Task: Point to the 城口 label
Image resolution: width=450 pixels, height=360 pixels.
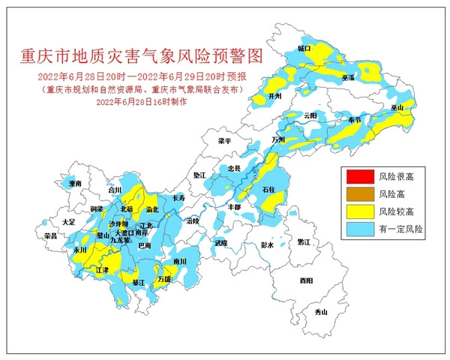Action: coord(304,48)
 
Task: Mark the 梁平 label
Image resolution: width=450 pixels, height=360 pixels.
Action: coord(225,140)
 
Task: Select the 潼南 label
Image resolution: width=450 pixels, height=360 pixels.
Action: coord(74,183)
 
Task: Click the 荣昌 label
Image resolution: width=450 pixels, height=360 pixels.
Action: coord(51,235)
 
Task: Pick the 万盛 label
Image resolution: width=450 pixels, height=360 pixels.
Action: coord(164,279)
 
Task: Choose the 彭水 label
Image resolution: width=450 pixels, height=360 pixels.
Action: coord(268,244)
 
